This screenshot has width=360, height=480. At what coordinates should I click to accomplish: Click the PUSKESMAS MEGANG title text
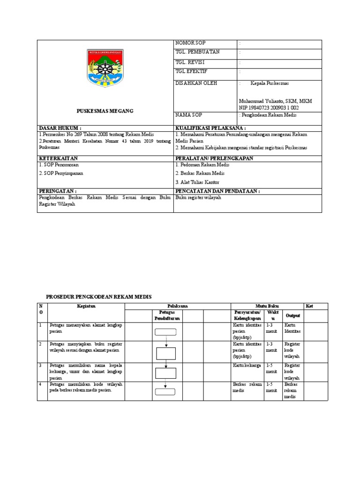(105, 111)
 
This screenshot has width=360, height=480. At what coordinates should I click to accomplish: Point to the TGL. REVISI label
(190, 62)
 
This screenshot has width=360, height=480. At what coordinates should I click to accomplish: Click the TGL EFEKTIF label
(191, 72)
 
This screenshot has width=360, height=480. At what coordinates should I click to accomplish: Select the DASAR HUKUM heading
(60, 127)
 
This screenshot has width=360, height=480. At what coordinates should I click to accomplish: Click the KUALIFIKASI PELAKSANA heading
(210, 127)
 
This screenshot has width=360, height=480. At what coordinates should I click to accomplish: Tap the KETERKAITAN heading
(58, 158)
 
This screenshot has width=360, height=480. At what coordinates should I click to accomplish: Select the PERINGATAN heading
(58, 191)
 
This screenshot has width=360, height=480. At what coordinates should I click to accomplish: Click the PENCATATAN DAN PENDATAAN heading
(217, 191)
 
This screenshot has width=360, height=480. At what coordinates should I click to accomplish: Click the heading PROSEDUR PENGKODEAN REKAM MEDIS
(99, 297)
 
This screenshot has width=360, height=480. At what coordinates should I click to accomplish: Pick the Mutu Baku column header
(267, 306)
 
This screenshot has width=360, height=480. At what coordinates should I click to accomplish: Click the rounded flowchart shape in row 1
(165, 332)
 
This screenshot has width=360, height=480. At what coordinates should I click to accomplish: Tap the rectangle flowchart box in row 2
(165, 353)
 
